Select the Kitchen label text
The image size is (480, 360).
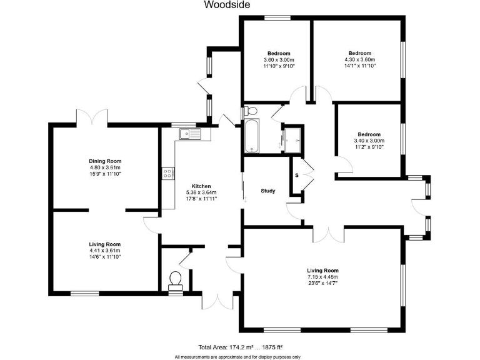pos(201,186)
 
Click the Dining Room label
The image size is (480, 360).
pos(104,161)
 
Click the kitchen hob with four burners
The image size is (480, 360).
pos(167,173)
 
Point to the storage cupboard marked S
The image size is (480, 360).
pos(297,175)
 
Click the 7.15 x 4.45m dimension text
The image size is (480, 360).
pos(322,277)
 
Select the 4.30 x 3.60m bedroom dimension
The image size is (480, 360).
pos(359,59)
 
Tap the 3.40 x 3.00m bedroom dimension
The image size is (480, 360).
pos(369,141)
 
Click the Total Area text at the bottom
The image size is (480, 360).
pos(241,346)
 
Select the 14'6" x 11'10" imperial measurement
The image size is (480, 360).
pos(104,257)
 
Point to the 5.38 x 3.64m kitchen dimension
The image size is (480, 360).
pos(201,192)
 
